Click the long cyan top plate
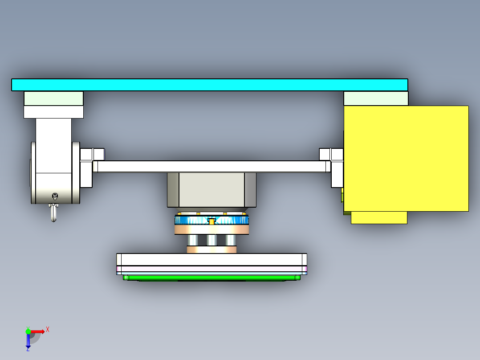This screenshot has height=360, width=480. [x=209, y=85]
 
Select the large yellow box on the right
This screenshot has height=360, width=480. [x=406, y=158]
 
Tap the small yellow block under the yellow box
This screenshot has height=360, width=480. [x=379, y=217]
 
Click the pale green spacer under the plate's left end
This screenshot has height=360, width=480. [x=53, y=98]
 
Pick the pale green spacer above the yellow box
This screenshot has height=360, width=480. [x=376, y=98]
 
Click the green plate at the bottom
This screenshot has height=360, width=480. [x=212, y=278]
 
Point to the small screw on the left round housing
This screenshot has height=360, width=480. [x=55, y=196]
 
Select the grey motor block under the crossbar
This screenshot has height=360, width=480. [x=212, y=190]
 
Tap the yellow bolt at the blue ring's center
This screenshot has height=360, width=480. [x=212, y=221]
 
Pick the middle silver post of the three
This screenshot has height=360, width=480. [x=212, y=240]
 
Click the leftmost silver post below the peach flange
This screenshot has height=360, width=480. [x=193, y=240]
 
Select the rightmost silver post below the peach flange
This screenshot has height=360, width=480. [x=230, y=240]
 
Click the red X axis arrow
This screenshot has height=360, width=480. [x=38, y=331]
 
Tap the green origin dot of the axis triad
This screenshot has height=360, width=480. [x=28, y=331]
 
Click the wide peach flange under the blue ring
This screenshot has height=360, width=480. [x=212, y=229]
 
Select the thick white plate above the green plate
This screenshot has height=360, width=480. [x=212, y=259]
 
